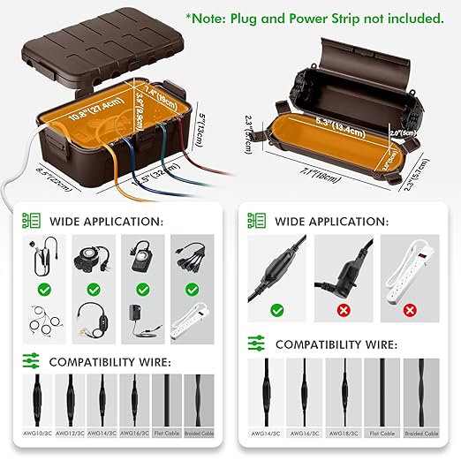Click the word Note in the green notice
pyautogui.click(x=215, y=18)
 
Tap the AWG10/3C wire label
pyautogui.click(x=36, y=433)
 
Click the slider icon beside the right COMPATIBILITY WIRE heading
pyautogui.click(x=257, y=344)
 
